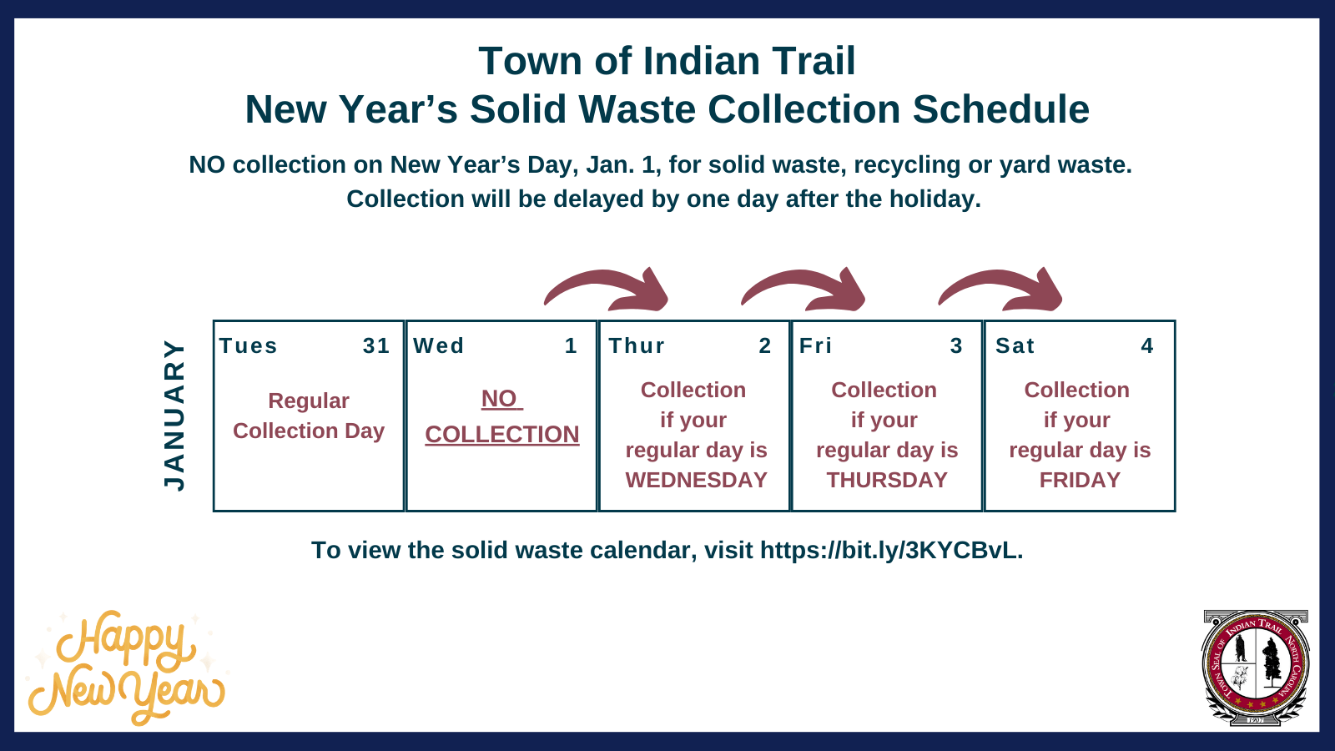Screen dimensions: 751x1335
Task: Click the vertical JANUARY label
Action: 174,415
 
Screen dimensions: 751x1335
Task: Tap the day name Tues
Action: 248,345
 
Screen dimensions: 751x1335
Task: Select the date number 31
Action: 376,345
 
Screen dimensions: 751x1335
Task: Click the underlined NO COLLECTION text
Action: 501,417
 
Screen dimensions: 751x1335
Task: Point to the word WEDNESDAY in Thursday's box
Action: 696,481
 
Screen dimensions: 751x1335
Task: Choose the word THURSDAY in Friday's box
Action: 887,481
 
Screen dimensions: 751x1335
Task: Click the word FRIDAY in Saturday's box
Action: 1080,481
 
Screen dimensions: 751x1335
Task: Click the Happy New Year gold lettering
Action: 125,668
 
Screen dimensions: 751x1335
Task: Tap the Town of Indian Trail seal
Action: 1255,668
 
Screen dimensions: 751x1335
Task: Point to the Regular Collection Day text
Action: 309,416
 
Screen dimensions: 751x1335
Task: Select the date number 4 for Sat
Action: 1147,345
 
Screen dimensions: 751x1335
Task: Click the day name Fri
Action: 815,345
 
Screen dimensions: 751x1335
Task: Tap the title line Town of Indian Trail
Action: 667,62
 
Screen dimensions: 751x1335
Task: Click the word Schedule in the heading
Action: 1000,109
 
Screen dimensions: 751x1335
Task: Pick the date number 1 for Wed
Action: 571,345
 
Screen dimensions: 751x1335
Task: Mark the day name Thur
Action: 637,345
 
